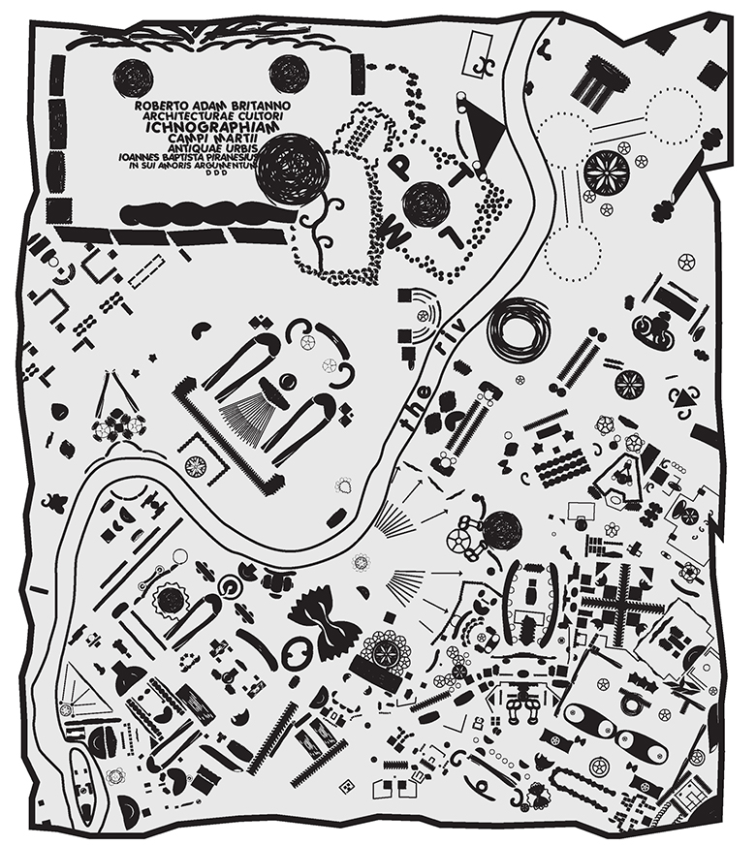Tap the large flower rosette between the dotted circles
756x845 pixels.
[x=606, y=172]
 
